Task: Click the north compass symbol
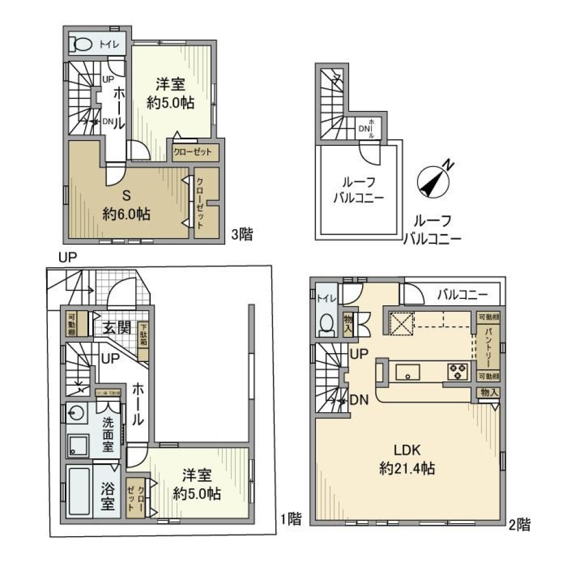pos(435,180)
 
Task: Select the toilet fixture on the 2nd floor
pos(325,324)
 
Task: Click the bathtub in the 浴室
pos(79,491)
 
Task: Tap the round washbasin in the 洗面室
pos(74,412)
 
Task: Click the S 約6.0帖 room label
pos(126,204)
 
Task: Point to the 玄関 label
pos(117,328)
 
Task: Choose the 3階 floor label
pos(242,235)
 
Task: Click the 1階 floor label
pos(290,520)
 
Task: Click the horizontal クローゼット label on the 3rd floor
pos(193,152)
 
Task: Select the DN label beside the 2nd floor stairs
pos(360,399)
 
